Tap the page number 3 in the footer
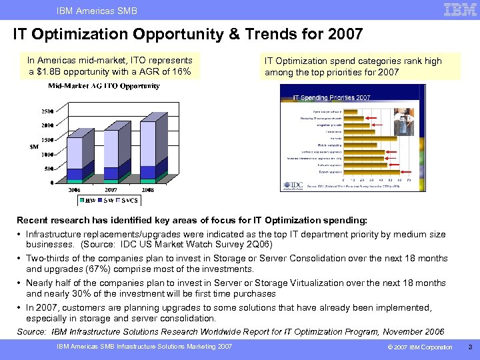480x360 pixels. (x=469, y=347)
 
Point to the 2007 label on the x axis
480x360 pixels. (x=111, y=189)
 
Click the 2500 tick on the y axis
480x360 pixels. (x=47, y=111)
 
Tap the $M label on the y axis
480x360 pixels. (x=33, y=147)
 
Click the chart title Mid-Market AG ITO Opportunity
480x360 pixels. (x=103, y=86)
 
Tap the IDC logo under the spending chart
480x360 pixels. (x=291, y=186)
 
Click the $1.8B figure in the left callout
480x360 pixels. (x=55, y=72)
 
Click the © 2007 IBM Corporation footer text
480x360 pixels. (x=420, y=347)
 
